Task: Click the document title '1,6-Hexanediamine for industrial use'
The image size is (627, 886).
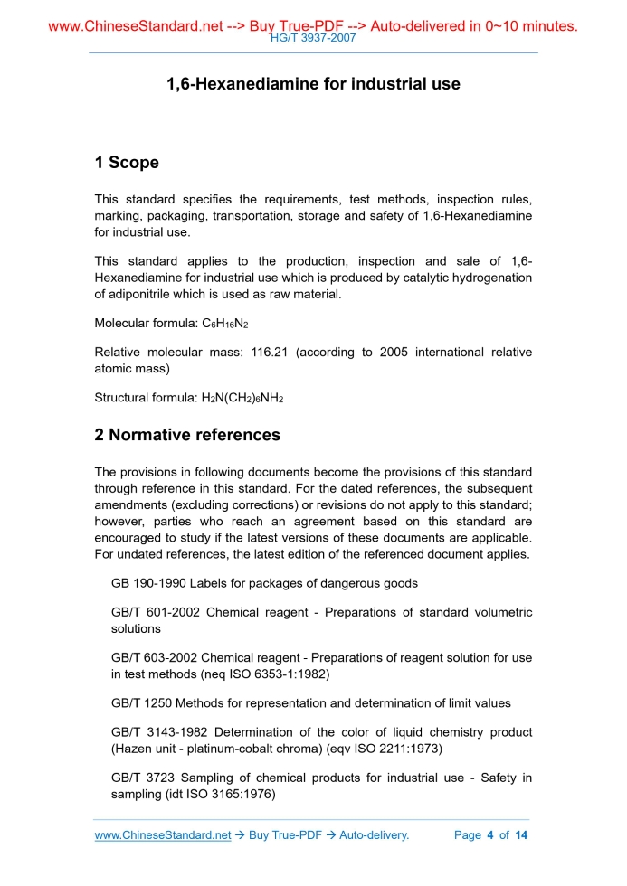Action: [313, 84]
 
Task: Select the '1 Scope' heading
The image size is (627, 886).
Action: [127, 163]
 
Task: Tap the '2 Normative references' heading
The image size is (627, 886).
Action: [187, 435]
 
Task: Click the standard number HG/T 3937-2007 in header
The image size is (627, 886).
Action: [313, 39]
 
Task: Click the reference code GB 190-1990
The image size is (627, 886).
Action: [148, 583]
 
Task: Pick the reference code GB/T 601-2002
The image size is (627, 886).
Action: [154, 612]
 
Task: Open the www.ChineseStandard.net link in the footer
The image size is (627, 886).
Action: [163, 835]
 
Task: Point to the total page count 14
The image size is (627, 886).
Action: [520, 835]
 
